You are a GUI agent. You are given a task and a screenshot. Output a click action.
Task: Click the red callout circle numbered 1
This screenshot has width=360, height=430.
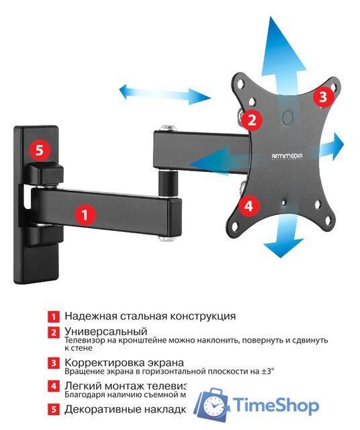[84, 215]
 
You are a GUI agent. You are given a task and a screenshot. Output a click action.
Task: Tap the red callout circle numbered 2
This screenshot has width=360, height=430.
[252, 120]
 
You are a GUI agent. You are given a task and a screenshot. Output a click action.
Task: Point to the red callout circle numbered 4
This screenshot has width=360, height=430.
[248, 206]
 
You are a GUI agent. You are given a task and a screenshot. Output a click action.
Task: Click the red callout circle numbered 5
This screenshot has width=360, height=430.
[39, 149]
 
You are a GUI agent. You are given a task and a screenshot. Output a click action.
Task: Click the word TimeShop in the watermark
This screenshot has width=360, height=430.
[276, 405]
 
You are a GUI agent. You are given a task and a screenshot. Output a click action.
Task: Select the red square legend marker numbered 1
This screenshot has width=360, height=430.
[52, 316]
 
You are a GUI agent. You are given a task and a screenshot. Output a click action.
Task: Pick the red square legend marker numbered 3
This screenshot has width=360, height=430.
[52, 363]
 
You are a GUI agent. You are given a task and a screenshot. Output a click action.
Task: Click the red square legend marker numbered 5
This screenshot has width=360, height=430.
[52, 408]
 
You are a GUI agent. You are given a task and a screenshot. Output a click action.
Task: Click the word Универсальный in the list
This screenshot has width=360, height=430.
[105, 332]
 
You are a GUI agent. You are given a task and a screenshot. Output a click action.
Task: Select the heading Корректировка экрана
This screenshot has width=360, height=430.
[124, 362]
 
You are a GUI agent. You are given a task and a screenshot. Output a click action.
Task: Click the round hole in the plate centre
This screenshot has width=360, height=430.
[287, 117]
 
